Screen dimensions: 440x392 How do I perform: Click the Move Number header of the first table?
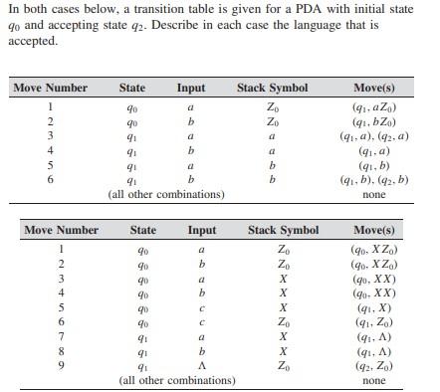click(50, 88)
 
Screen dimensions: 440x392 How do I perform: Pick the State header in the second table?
click(144, 230)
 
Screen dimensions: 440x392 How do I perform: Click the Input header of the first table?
click(190, 88)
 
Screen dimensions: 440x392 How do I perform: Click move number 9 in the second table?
click(62, 368)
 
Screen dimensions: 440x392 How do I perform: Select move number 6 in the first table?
click(50, 181)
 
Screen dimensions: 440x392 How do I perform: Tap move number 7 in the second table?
click(62, 338)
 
